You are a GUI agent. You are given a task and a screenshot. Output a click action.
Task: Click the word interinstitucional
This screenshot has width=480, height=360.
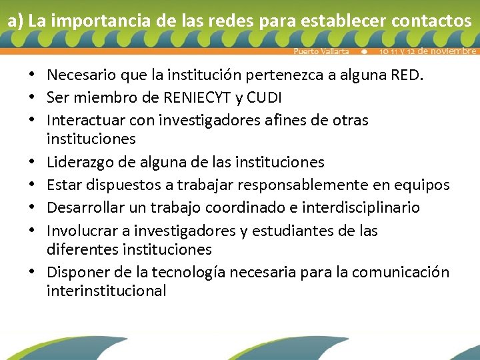(106, 291)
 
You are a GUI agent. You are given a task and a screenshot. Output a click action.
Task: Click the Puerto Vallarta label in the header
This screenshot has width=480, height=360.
(321, 51)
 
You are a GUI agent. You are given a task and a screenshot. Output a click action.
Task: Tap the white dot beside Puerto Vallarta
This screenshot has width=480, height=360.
(364, 51)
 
